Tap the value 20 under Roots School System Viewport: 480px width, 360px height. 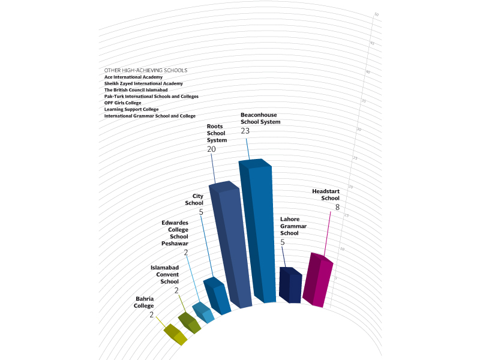click(x=211, y=148)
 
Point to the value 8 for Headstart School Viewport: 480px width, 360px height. click(x=337, y=207)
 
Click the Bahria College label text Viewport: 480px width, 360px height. click(x=144, y=302)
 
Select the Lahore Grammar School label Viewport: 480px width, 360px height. click(x=293, y=226)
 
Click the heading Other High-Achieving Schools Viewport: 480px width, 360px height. click(x=146, y=70)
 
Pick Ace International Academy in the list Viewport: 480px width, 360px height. click(x=133, y=77)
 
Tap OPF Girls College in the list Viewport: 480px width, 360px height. click(x=123, y=103)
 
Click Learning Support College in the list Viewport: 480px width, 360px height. click(x=131, y=109)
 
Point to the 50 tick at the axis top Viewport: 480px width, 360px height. click(x=376, y=14)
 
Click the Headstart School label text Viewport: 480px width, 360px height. click(x=326, y=194)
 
